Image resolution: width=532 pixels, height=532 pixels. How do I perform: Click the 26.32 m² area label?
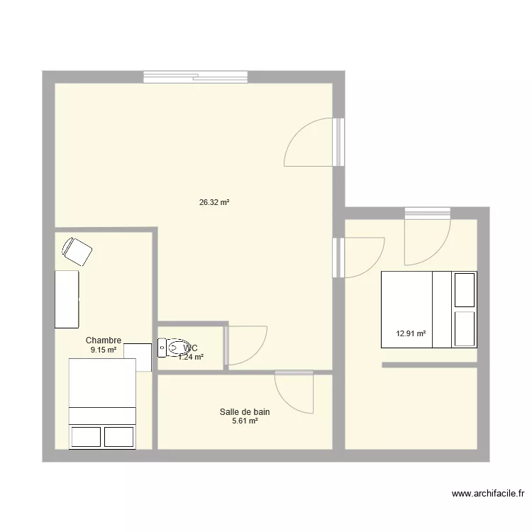214,202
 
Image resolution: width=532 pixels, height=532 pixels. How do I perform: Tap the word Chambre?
104,340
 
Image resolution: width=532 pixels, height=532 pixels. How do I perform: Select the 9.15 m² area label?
103,350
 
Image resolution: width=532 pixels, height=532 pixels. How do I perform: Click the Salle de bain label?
245,411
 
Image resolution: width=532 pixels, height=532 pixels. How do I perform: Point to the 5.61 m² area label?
245,421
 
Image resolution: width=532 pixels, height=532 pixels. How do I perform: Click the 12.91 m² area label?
411,333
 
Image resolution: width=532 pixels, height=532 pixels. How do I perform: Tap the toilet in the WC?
171,348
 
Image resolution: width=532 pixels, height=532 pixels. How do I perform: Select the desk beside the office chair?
67,299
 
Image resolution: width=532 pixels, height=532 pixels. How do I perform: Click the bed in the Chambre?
101,404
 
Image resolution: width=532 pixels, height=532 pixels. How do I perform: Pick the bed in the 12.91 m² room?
428,309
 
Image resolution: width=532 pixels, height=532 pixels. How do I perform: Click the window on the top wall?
195,77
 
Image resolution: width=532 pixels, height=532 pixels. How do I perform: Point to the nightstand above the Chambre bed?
137,357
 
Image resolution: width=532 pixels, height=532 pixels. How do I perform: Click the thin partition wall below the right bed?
429,365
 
